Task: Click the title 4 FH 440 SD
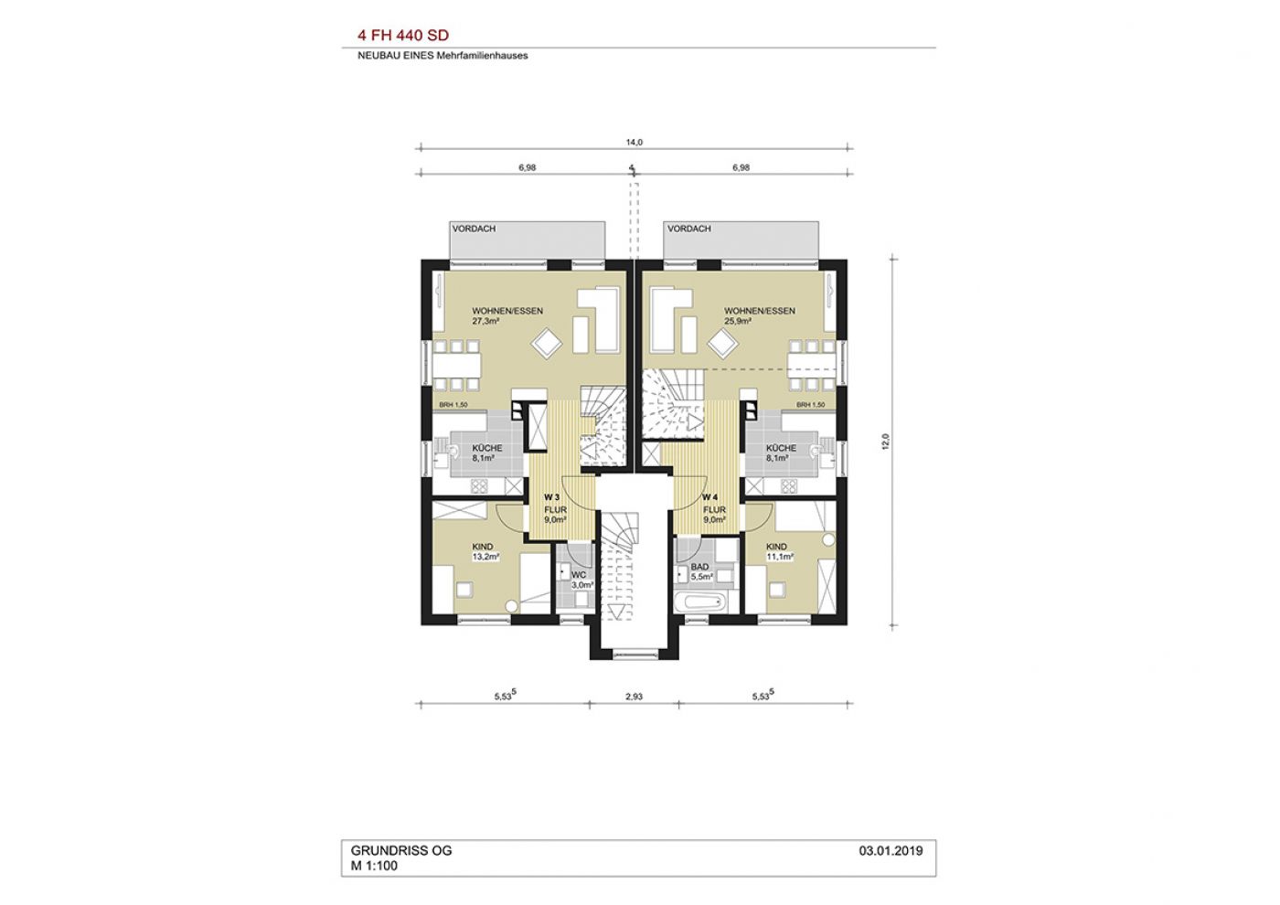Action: [x=403, y=36]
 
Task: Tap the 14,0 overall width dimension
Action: [x=634, y=143]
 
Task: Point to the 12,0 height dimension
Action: [x=886, y=441]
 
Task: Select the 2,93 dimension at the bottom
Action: [x=634, y=697]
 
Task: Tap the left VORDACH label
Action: [x=474, y=229]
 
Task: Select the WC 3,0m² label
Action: [x=581, y=580]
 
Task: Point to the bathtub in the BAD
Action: [x=699, y=602]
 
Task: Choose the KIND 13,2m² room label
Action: [x=485, y=551]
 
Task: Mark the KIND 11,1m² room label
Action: [x=779, y=551]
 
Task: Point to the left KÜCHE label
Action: [x=487, y=448]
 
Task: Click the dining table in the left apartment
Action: [x=456, y=365]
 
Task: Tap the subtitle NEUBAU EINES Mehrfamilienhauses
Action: [x=443, y=56]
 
